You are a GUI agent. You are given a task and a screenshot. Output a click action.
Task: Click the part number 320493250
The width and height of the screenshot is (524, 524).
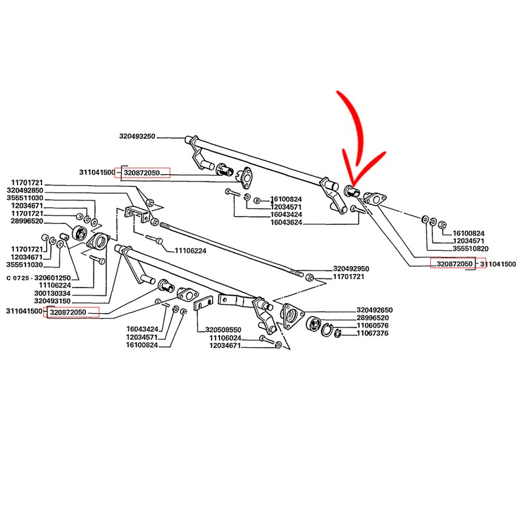point(137,136)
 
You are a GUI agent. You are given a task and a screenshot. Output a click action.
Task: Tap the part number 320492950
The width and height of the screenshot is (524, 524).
point(351,269)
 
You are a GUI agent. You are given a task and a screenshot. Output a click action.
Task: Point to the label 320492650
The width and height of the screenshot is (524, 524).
point(375,310)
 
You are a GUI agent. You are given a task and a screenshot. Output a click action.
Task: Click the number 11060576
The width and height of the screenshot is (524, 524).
point(373,326)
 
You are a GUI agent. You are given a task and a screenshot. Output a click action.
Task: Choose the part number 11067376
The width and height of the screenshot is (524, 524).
point(373,333)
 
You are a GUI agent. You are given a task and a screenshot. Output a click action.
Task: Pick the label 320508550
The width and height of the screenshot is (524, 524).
point(223,330)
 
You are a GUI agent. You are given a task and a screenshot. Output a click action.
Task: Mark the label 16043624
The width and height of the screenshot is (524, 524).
point(285,223)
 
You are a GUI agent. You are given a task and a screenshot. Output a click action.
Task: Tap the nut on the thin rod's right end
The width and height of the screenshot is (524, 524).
point(309,278)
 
